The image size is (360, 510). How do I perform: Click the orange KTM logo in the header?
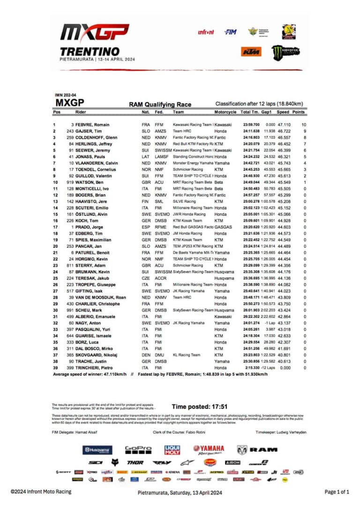(251, 52)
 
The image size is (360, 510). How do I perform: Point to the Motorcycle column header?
(225, 112)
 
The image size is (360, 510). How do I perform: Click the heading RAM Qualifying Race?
(160, 105)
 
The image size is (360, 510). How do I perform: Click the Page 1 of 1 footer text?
(337, 492)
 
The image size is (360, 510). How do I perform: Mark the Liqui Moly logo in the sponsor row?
(172, 450)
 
